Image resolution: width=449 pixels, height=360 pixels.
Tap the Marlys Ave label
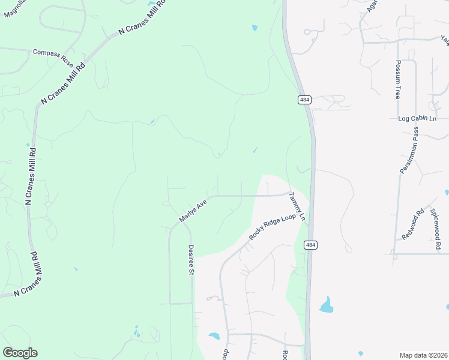[193, 211]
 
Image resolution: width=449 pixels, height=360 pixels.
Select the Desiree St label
[191, 259]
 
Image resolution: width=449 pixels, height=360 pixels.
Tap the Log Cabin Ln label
[417, 119]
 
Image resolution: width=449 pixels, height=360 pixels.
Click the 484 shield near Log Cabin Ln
[304, 99]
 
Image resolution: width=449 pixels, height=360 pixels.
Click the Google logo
[20, 353]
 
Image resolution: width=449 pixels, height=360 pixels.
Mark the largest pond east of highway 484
[327, 305]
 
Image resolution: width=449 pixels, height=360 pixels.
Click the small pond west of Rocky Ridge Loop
[214, 336]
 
